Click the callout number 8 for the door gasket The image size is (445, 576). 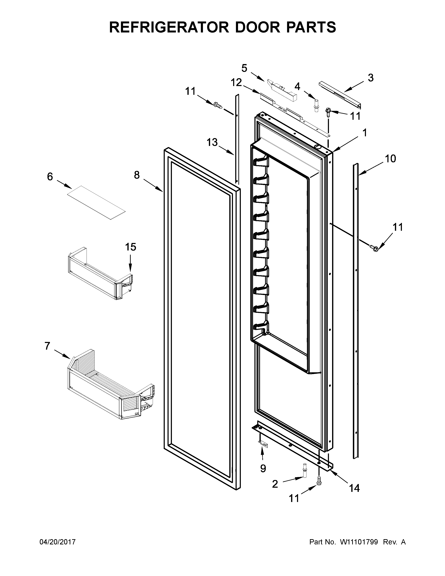tap(137, 175)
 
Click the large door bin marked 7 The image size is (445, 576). tap(111, 385)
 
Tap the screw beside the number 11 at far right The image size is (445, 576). tap(374, 247)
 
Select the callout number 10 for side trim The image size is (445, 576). tap(390, 159)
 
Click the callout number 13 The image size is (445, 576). tap(212, 142)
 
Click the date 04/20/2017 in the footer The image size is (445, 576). tap(57, 542)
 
